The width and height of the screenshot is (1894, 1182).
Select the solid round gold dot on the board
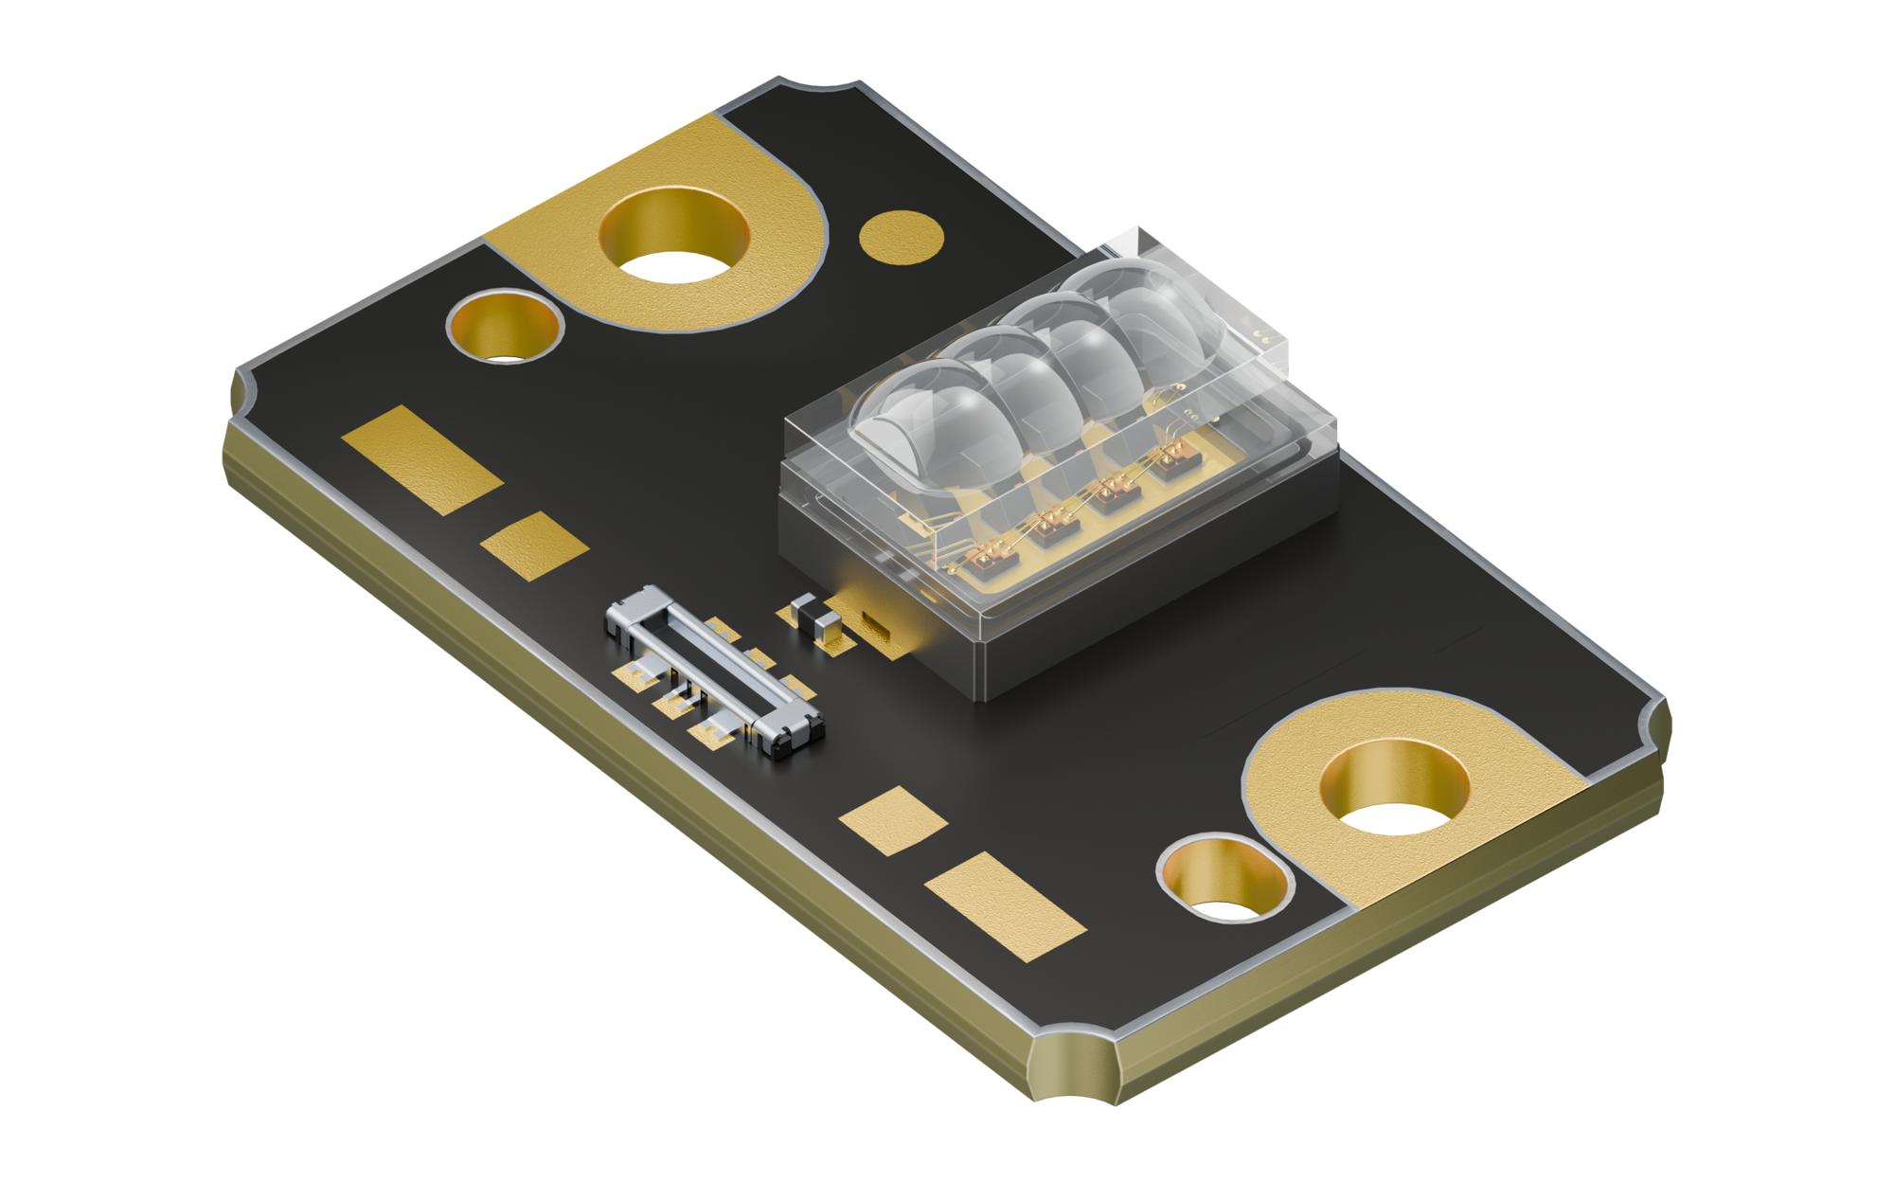(902, 232)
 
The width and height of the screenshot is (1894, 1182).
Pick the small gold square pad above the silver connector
(533, 545)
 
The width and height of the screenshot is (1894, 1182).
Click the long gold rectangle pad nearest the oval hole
(1007, 902)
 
